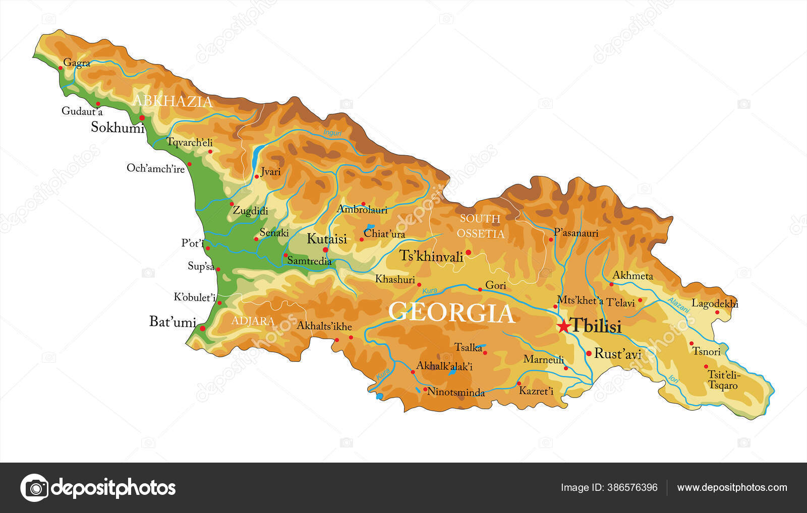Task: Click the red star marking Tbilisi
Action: [563, 327]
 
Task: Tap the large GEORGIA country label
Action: [451, 312]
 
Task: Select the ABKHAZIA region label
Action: [172, 101]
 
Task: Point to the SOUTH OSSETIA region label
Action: [480, 226]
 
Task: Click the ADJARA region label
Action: [253, 321]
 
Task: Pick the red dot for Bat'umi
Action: [203, 329]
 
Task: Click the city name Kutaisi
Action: [327, 239]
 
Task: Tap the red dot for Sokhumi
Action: [142, 118]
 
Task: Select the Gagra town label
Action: [77, 63]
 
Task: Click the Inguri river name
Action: [332, 134]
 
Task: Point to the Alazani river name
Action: [678, 306]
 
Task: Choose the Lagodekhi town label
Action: [715, 303]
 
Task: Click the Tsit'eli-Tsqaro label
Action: [723, 380]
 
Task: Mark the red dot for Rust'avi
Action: [589, 354]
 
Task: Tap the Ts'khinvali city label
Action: [431, 256]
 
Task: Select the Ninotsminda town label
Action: [456, 392]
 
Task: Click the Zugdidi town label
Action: [250, 211]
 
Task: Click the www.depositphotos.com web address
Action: [732, 487]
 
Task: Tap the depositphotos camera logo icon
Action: [35, 488]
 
